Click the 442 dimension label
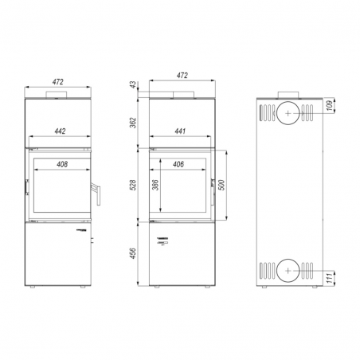(60, 131)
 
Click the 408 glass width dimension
(62, 164)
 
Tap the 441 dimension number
(180, 131)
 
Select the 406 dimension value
(178, 164)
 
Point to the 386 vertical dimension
(155, 185)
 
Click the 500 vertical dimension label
(221, 185)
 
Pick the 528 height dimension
(133, 185)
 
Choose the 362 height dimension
(133, 123)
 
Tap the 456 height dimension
(133, 253)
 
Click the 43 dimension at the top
(133, 85)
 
